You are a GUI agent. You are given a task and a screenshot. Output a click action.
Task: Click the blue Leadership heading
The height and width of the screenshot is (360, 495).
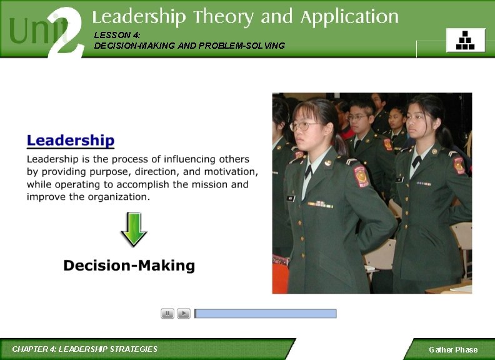tap(70, 141)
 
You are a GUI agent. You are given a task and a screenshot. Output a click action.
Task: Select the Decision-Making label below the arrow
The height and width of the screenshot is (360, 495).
tap(129, 266)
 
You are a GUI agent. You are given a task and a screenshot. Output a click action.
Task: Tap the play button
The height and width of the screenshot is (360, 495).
tap(184, 314)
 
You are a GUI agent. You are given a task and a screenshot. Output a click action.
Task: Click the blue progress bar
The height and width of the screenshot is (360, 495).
tap(266, 314)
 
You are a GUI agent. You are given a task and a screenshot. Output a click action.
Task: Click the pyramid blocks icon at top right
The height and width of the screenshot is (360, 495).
tap(466, 40)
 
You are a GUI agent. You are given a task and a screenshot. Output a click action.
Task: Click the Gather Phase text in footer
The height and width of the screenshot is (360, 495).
tap(452, 349)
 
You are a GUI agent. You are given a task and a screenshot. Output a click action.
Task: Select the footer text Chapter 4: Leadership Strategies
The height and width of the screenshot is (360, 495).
tap(85, 349)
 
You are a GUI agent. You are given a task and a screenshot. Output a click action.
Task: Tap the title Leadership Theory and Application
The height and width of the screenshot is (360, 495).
tap(245, 17)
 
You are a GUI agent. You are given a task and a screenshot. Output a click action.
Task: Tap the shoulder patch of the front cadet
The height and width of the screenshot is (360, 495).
tap(362, 177)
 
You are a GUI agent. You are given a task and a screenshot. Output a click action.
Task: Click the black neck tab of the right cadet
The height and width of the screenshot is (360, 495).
tap(416, 161)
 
